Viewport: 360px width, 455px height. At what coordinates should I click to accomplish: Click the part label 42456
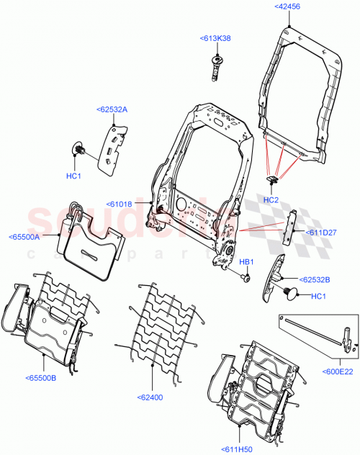coord(288,6)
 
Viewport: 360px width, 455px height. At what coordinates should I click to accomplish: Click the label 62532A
coord(111,109)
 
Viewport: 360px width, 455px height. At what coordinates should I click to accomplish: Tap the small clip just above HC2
coord(271,179)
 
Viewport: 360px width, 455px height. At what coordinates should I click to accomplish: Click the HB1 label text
coord(247,261)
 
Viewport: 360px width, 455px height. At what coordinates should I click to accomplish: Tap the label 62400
coord(153,396)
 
